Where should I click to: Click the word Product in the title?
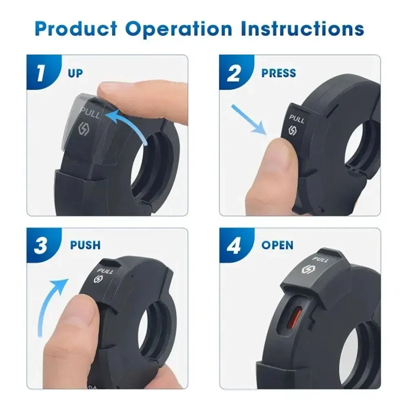click(x=76, y=29)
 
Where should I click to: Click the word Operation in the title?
click(x=179, y=29)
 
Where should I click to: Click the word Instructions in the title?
click(x=302, y=29)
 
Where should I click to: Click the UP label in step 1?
click(x=75, y=73)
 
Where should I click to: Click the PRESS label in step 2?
click(x=278, y=73)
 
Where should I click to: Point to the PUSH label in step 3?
click(x=85, y=245)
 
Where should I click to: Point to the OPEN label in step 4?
click(x=278, y=245)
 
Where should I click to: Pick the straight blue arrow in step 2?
click(x=249, y=120)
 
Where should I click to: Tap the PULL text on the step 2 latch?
click(x=297, y=119)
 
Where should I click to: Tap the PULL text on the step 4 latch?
click(x=320, y=260)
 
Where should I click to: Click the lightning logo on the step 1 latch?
click(x=84, y=128)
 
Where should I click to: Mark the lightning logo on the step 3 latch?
click(x=98, y=279)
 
